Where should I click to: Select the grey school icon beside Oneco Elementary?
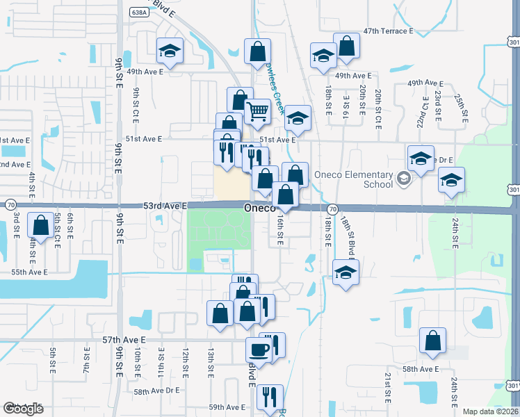point(403,179)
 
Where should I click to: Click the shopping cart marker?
point(258,111)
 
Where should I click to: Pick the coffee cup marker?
point(259,350)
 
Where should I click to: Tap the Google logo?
point(23,409)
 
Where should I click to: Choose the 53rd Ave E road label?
point(166,206)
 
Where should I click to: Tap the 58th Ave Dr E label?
point(156,392)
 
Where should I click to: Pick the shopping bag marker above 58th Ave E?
point(432,341)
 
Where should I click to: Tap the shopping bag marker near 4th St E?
point(41,226)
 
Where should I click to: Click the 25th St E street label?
point(460,104)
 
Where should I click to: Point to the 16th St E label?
point(279,229)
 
